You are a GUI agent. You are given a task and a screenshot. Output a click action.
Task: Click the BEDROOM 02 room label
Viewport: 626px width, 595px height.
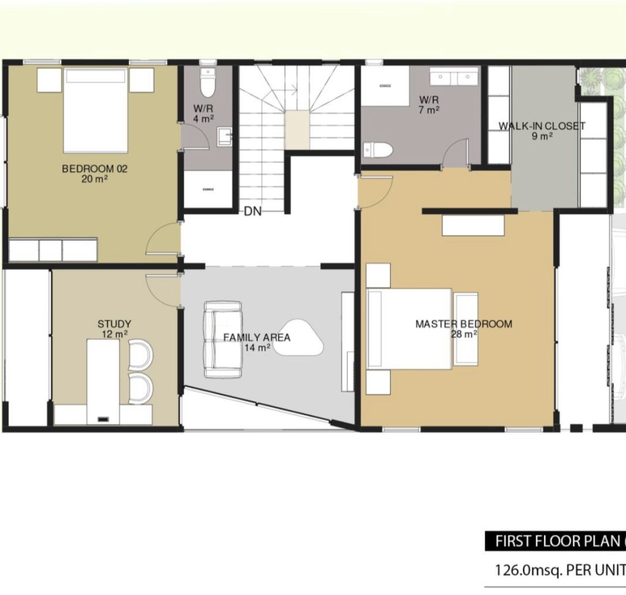[95, 169]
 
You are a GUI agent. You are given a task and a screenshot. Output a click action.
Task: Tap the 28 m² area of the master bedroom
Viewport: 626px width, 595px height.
[464, 334]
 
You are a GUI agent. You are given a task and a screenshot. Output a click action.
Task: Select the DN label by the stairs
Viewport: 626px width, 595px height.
[252, 211]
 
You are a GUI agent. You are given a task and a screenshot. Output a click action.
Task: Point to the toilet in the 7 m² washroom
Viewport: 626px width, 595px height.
[378, 150]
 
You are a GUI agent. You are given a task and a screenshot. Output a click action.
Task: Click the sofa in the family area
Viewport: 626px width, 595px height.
[223, 340]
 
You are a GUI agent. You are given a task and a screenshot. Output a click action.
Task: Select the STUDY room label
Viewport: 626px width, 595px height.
[114, 324]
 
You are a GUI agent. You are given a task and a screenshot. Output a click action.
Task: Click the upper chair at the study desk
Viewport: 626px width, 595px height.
[141, 354]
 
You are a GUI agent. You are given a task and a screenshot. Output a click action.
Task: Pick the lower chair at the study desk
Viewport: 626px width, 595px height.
[141, 389]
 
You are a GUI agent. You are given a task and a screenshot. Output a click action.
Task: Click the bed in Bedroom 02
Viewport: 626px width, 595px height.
[96, 110]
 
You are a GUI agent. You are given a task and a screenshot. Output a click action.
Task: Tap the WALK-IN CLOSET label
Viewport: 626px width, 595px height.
[542, 126]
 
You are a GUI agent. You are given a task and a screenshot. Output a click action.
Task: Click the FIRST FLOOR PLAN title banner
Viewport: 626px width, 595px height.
[555, 541]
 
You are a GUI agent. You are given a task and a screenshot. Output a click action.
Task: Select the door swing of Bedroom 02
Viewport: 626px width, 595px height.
[163, 238]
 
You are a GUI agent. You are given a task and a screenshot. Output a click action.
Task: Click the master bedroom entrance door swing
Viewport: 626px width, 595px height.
[376, 191]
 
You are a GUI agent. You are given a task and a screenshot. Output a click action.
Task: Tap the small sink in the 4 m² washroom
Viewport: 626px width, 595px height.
[225, 136]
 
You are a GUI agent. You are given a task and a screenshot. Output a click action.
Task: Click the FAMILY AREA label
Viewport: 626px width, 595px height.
[257, 338]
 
